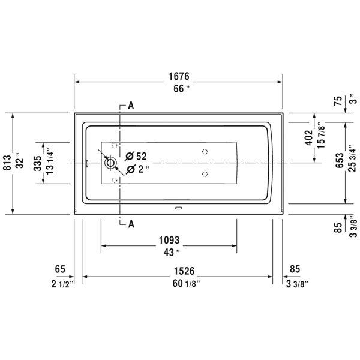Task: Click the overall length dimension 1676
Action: [x=178, y=76]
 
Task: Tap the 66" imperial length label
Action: [x=178, y=88]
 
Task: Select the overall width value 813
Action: [x=7, y=163]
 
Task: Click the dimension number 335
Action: [x=37, y=163]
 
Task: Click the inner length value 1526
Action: [x=178, y=271]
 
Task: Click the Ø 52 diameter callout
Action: [x=136, y=156]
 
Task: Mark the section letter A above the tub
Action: [x=131, y=106]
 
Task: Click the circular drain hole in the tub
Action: [x=110, y=163]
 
